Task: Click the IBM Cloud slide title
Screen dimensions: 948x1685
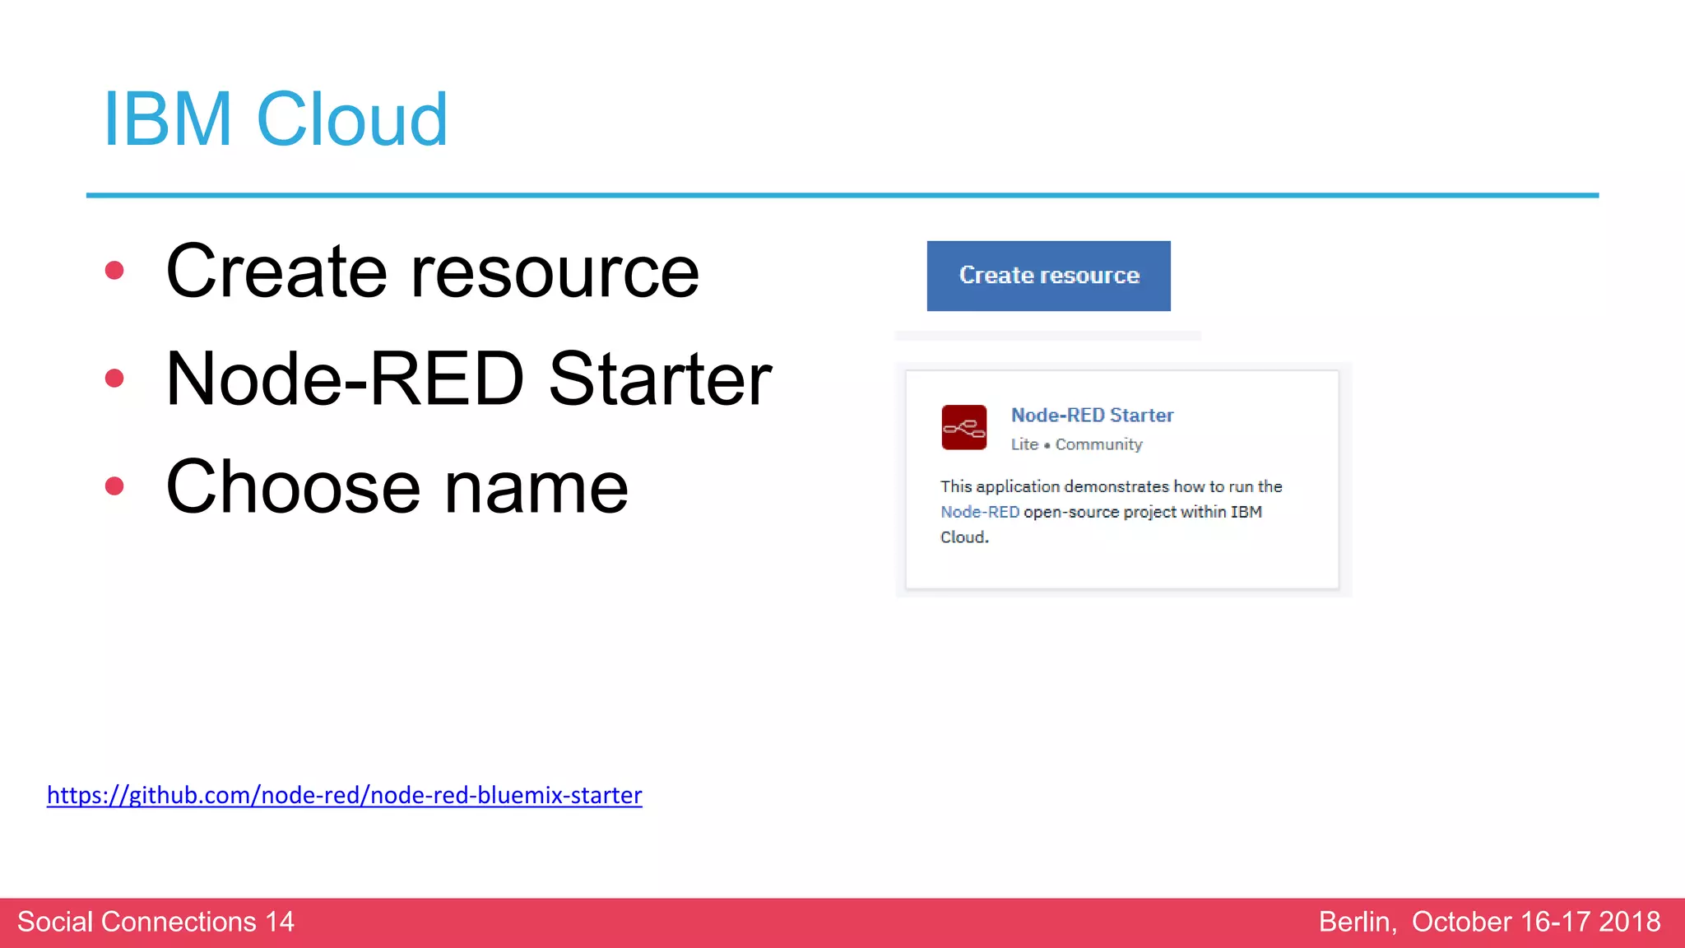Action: [x=275, y=120]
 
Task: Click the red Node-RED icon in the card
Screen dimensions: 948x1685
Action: [x=963, y=427]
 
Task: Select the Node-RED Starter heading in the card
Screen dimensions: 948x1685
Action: [x=1092, y=416]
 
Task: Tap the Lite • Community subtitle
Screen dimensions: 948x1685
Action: [x=1076, y=444]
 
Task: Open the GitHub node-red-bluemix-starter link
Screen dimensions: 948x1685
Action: [x=344, y=795]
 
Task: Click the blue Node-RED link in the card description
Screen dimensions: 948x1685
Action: [x=979, y=512]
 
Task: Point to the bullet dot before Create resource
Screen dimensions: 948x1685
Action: [x=114, y=271]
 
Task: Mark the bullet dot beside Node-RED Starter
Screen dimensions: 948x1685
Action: [x=114, y=379]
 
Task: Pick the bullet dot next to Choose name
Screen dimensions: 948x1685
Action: [x=114, y=486]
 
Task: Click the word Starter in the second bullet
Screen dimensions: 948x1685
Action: [x=660, y=379]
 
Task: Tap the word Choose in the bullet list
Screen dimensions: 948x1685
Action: [x=293, y=487]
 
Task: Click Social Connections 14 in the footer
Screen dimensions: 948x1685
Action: [x=156, y=922]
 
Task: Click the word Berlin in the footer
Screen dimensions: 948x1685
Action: [x=1356, y=922]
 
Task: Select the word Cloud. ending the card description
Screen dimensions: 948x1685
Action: [x=964, y=537]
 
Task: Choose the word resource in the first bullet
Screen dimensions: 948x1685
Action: [x=555, y=272]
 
